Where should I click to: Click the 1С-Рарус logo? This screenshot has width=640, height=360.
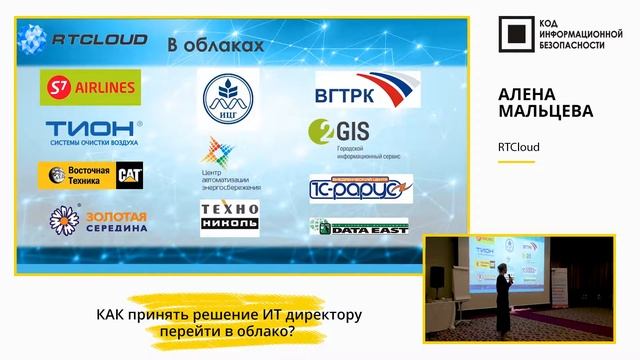pos(360,186)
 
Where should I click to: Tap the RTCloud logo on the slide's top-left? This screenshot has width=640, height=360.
pos(85,39)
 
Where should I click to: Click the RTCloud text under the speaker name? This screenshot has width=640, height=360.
pos(518,147)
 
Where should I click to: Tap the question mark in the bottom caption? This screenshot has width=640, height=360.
pos(290,332)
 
